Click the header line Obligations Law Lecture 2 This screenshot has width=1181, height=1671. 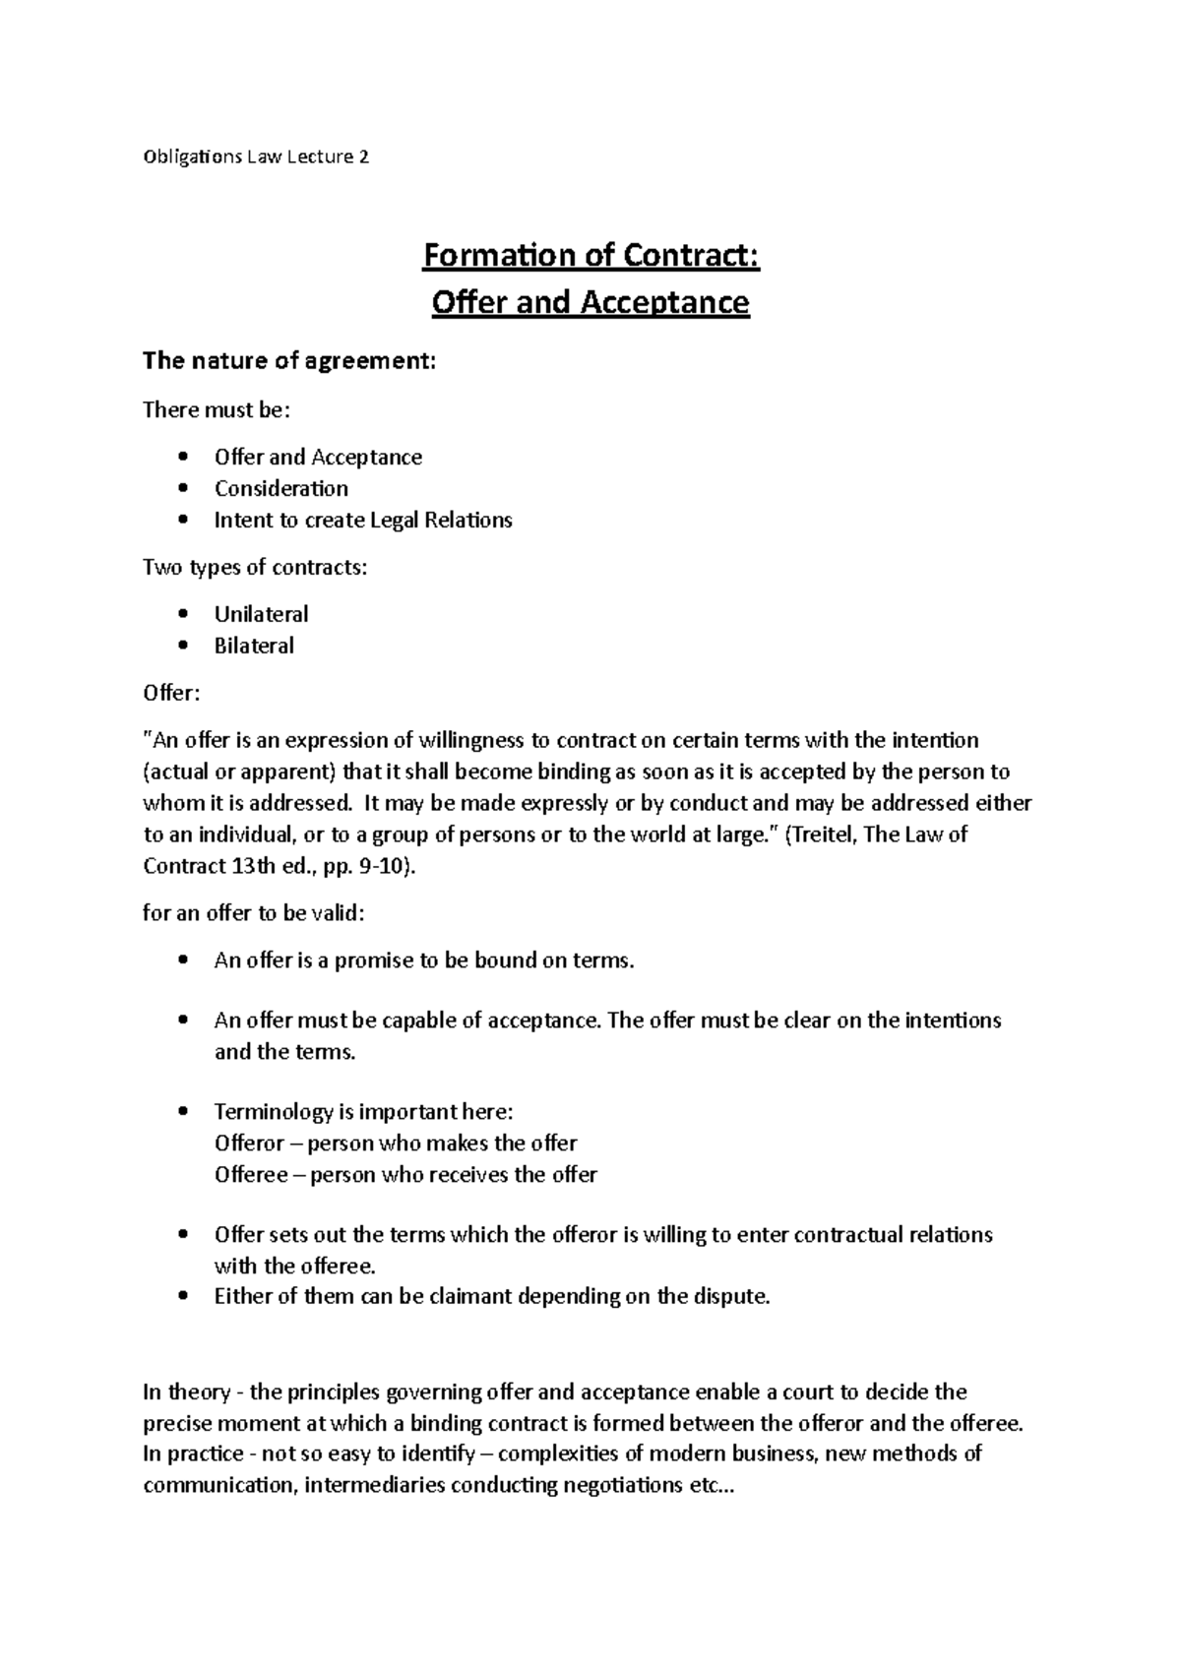256,156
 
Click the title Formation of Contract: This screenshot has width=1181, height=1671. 590,256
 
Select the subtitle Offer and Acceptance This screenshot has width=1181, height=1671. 590,302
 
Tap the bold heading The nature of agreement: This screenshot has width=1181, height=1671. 288,361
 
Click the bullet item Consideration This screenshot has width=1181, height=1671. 281,488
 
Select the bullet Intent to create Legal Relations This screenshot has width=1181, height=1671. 363,520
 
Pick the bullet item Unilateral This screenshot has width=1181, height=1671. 261,614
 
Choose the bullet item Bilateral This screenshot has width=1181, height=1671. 254,646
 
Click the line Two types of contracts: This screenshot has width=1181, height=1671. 255,567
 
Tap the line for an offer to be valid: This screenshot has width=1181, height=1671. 254,913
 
